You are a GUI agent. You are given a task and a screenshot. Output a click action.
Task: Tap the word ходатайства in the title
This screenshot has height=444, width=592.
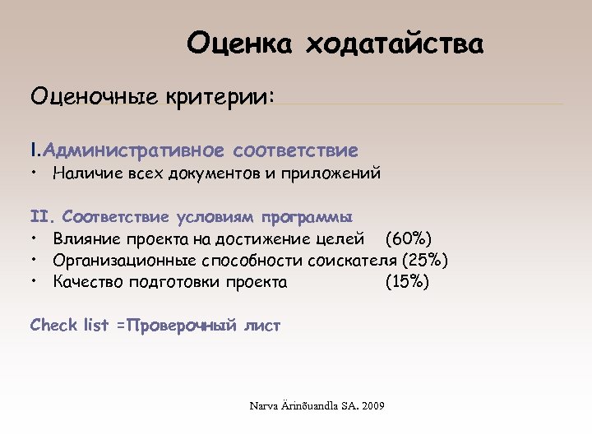(395, 42)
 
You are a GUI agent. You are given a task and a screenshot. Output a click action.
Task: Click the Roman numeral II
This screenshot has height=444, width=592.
(40, 218)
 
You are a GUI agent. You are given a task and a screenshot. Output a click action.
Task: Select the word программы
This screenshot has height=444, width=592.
(308, 218)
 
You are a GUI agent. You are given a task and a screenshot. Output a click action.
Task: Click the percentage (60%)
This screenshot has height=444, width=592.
(409, 239)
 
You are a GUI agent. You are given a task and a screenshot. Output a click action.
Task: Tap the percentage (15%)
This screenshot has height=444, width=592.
(407, 282)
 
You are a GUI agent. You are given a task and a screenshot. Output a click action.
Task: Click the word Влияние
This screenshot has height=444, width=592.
(86, 239)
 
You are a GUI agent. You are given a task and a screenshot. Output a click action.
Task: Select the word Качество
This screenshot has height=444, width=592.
(89, 282)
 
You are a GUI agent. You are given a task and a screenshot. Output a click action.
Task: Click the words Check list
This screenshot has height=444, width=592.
(69, 326)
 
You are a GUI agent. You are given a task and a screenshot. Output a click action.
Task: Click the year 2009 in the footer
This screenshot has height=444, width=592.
(374, 406)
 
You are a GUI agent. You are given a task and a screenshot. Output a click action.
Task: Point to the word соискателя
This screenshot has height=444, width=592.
(349, 261)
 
